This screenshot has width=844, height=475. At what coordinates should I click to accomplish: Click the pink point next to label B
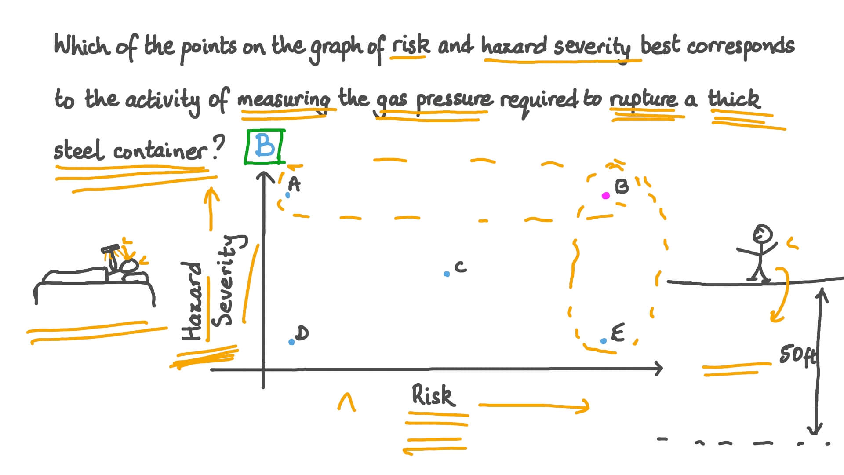pos(606,196)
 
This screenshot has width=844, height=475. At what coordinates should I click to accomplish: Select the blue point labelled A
pos(288,195)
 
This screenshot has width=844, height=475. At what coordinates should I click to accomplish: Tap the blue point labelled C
pos(447,274)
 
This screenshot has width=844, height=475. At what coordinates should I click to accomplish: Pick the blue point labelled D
pos(291,342)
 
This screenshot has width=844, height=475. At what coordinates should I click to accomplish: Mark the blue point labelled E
pos(604,341)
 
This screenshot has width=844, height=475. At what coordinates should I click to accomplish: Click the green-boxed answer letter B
pos(265,146)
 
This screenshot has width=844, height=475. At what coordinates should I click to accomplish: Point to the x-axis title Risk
pos(432,395)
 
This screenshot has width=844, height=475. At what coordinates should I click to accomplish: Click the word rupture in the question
pos(644,99)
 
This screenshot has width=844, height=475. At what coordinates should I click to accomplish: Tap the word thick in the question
pos(734,99)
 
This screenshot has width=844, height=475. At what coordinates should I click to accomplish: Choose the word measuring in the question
pos(284,99)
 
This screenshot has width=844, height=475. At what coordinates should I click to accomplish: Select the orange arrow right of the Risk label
pos(534,406)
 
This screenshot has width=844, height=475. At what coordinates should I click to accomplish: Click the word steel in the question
pos(79,150)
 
